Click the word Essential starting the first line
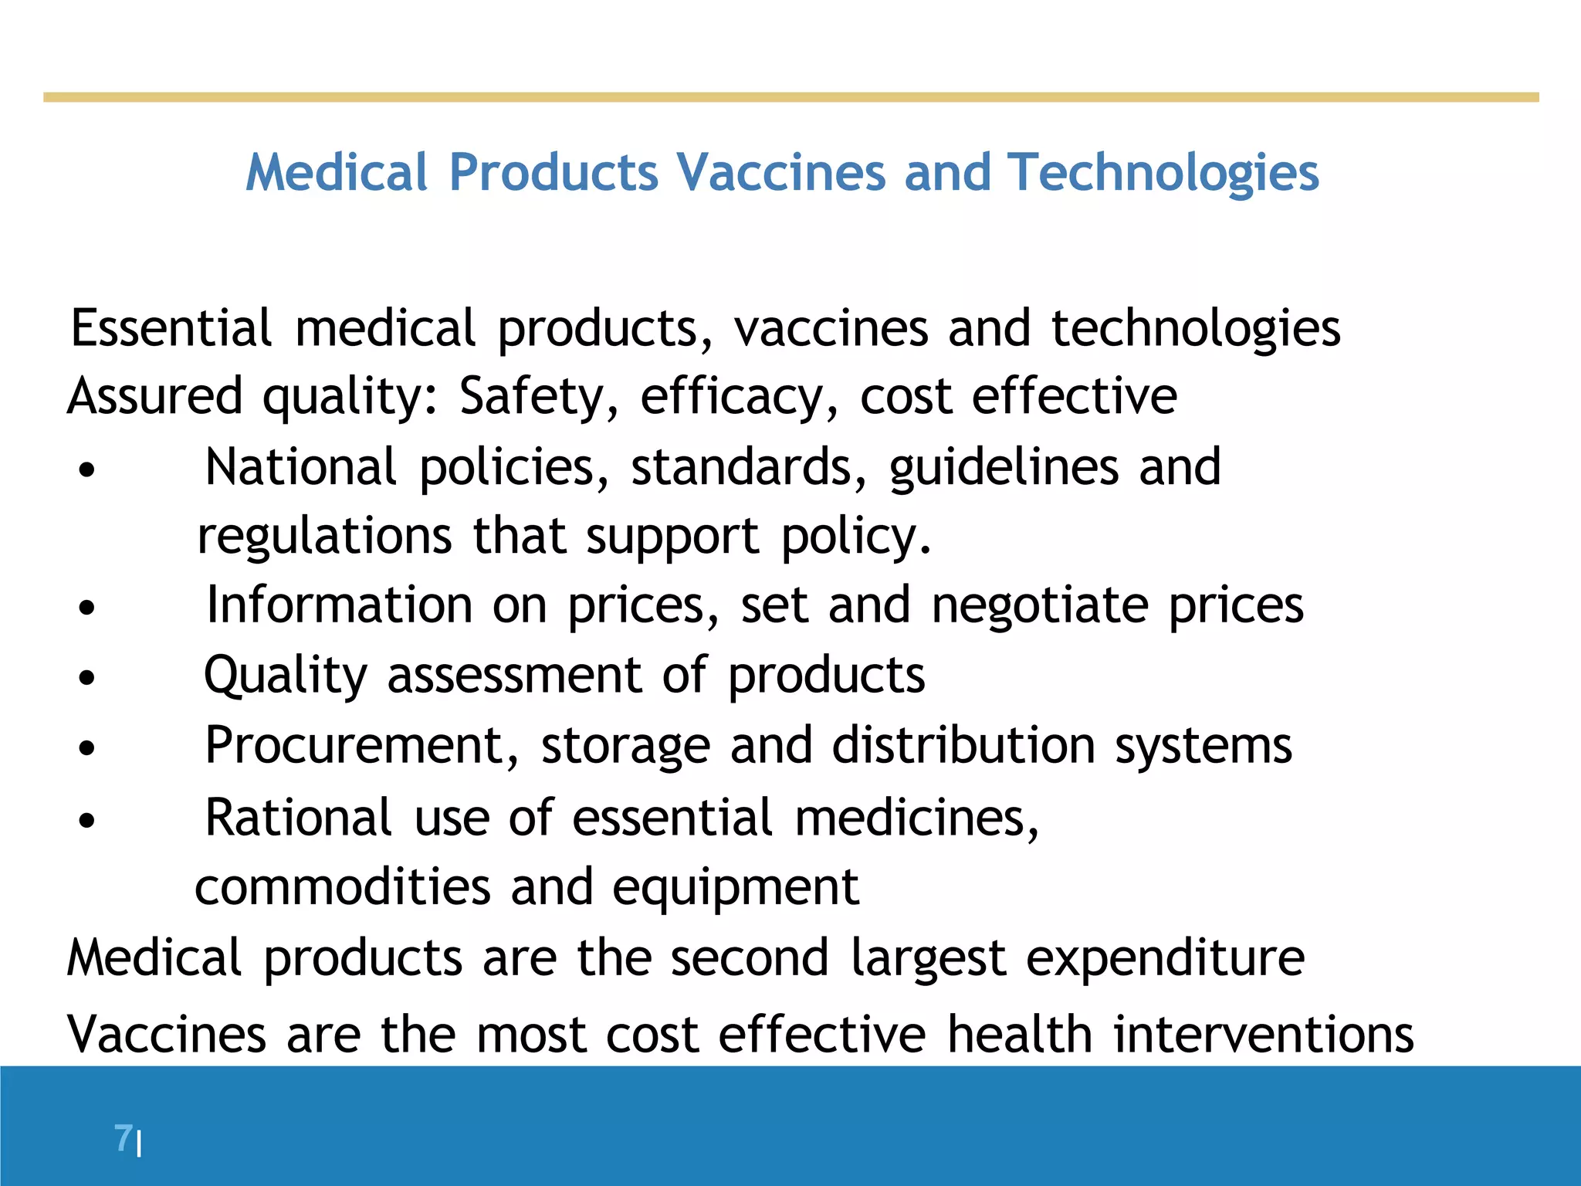pos(171,328)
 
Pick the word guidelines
pos(1004,468)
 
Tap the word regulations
pos(324,537)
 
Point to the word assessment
pos(514,676)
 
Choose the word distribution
pos(963,746)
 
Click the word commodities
pos(342,887)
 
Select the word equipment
pos(735,889)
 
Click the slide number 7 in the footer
pos(123,1138)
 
